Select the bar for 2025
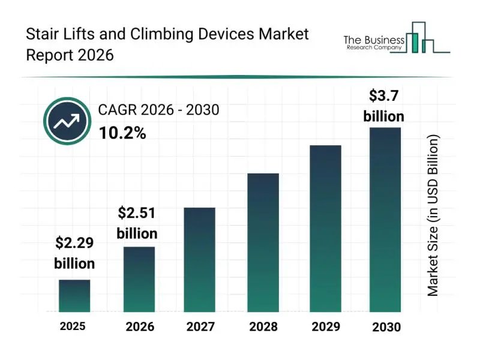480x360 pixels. [x=74, y=296]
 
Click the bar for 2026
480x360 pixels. [x=139, y=280]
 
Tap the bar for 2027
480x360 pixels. [x=199, y=260]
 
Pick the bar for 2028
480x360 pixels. [x=263, y=243]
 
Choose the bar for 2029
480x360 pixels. [x=325, y=229]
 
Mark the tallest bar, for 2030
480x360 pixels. [x=385, y=220]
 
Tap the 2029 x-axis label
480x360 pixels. [x=325, y=328]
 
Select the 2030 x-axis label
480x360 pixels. [x=385, y=328]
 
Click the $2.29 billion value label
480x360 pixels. [x=74, y=253]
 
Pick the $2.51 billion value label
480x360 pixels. [x=137, y=223]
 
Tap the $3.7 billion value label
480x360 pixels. [x=384, y=106]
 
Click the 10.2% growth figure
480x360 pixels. [x=122, y=134]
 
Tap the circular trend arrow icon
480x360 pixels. [x=67, y=122]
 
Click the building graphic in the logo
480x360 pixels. [x=427, y=38]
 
